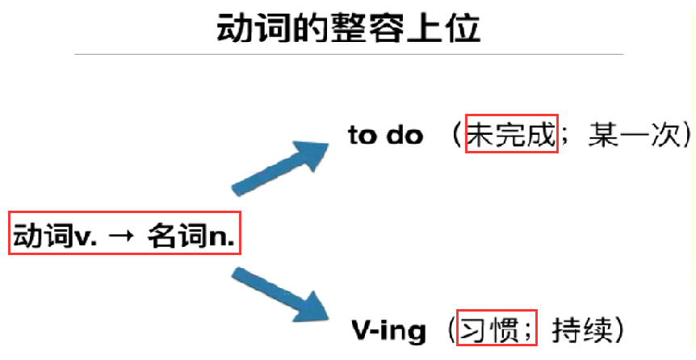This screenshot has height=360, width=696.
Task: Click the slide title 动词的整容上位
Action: point(349,29)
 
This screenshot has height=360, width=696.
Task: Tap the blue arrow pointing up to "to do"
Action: point(279,166)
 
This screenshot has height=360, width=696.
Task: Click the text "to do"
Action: point(385,136)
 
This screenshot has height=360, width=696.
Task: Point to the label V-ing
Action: point(388,330)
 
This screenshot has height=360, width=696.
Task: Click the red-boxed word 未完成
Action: point(512,135)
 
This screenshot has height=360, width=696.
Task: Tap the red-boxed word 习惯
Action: point(488,330)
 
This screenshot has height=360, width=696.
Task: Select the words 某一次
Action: point(633,135)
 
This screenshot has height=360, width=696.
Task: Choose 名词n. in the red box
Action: point(194,235)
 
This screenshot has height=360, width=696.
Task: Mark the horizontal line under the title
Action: point(349,54)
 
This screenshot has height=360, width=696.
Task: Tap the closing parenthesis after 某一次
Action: point(685,135)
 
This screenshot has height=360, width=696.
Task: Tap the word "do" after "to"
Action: point(405,136)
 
